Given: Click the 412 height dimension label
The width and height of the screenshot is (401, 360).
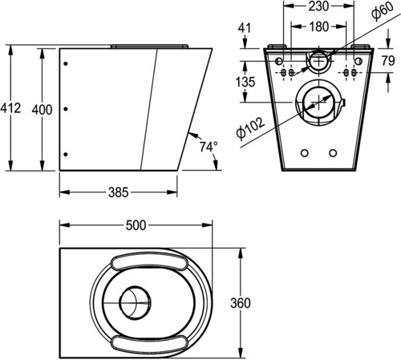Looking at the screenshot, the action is [10, 108].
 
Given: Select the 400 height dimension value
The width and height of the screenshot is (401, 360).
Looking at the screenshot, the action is [42, 110].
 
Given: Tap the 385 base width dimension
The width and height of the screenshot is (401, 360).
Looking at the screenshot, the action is [118, 192].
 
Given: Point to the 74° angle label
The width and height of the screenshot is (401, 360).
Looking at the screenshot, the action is [209, 147].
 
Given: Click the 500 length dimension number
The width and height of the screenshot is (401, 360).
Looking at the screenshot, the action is [136, 225].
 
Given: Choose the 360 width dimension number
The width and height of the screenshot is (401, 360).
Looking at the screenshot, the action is [241, 303].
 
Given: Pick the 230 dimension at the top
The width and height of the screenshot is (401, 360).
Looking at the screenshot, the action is [318, 6].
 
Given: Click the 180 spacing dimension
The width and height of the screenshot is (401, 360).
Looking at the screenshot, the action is [319, 26].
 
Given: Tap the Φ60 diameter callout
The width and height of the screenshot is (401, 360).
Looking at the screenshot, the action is [383, 11].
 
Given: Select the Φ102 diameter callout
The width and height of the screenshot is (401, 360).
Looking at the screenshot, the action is [250, 128].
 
